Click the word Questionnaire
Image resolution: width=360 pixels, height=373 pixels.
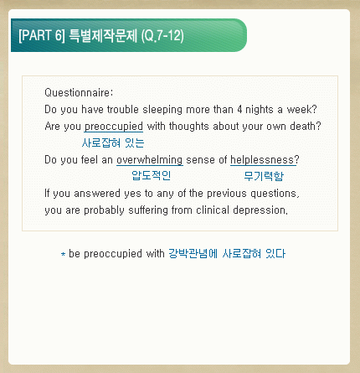click(78, 92)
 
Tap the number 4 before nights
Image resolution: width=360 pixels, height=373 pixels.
click(239, 109)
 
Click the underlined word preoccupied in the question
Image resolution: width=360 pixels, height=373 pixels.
click(114, 127)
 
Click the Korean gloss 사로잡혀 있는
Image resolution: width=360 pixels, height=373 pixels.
click(113, 142)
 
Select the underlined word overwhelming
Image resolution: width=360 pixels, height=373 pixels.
click(150, 160)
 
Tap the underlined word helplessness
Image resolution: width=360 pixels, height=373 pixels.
click(262, 160)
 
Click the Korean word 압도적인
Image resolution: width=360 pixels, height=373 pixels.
click(151, 175)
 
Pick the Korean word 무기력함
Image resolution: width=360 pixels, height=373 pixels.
click(264, 176)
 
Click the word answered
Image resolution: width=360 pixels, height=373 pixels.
click(97, 194)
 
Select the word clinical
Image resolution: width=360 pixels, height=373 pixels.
click(213, 210)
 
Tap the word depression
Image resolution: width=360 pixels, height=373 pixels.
click(259, 210)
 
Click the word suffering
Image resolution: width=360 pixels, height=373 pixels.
click(148, 210)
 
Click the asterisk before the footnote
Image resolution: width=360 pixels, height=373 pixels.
click(64, 254)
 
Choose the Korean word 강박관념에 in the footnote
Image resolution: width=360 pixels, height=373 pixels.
click(193, 254)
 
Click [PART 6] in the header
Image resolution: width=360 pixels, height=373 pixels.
click(42, 35)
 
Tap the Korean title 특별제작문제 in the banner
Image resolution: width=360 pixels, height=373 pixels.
click(103, 35)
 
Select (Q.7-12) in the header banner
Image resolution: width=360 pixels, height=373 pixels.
click(162, 36)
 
